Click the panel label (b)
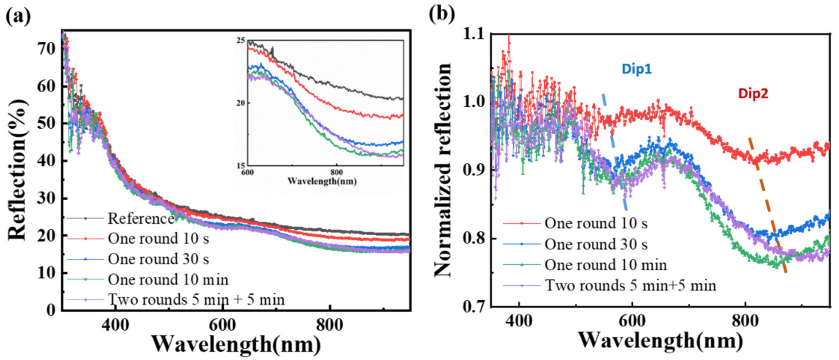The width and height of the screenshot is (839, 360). (x=441, y=15)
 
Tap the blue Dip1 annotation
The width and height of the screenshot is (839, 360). (x=637, y=69)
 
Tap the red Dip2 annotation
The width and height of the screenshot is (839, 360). (x=753, y=94)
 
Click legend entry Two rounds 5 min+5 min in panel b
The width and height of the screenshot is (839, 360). (x=630, y=286)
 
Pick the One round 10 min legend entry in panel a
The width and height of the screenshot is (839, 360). (x=168, y=279)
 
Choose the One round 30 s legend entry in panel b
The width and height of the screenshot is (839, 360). (x=596, y=244)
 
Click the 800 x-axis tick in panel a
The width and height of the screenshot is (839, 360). (x=330, y=325)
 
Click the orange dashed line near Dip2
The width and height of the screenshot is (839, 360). (x=769, y=208)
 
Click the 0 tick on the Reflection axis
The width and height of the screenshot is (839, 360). (x=51, y=309)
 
